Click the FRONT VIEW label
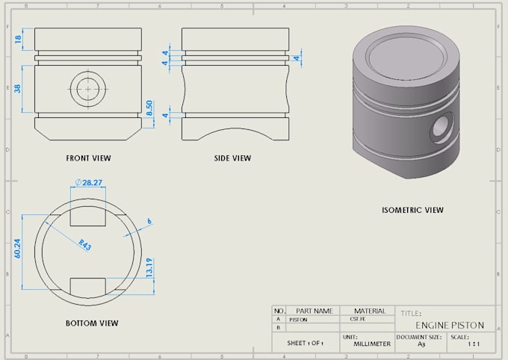[88, 158]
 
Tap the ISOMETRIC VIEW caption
[412, 210]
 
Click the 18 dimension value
[19, 39]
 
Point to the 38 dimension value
[18, 87]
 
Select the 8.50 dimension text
[149, 108]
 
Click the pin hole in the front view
[88, 89]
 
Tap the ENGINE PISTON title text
[450, 326]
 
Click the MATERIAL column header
[370, 311]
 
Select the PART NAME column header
[313, 311]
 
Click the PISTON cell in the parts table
[300, 320]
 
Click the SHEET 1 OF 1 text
[305, 344]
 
